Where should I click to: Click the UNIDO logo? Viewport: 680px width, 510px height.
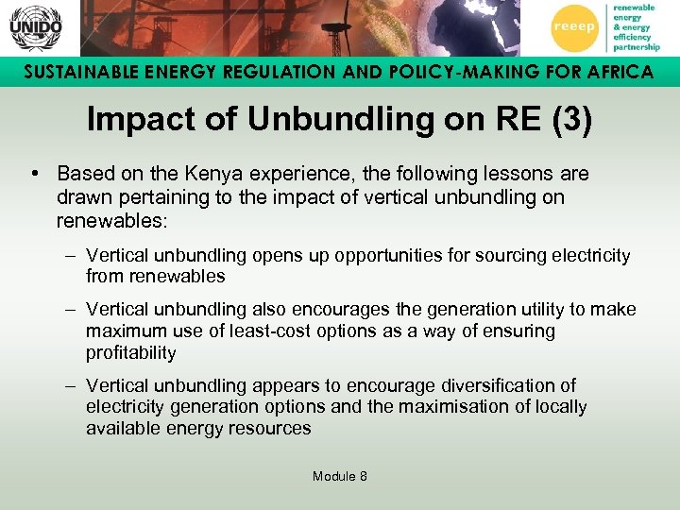click(x=35, y=27)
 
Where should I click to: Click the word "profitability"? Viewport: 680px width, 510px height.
click(x=130, y=353)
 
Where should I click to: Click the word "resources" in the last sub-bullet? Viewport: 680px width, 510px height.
click(x=274, y=429)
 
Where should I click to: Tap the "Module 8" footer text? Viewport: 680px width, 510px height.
click(x=340, y=476)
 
